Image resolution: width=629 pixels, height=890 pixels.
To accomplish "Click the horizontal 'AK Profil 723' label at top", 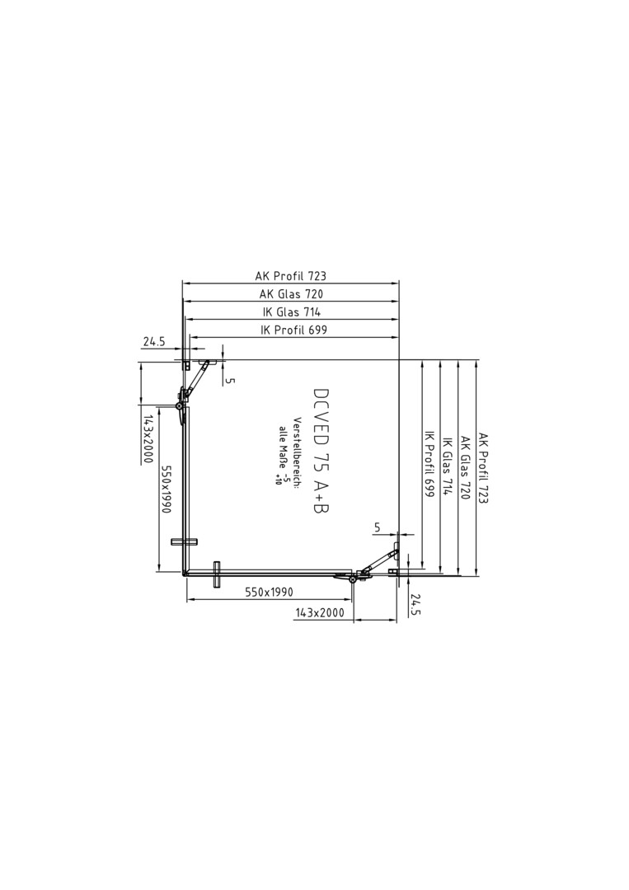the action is [291, 276].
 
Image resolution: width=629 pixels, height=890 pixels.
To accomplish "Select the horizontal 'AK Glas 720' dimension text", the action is [291, 294].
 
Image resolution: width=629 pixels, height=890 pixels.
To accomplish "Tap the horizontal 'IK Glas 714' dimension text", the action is [291, 311].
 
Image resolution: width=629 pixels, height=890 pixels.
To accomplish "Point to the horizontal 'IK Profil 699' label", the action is [293, 329].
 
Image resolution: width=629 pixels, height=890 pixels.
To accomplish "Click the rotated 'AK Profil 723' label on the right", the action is [484, 468].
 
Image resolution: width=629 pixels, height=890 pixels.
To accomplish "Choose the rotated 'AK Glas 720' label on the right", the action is [466, 468].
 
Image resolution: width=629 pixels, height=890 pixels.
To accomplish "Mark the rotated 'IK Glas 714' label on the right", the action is [448, 466].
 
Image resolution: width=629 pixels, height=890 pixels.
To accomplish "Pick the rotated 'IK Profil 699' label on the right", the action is [430, 465].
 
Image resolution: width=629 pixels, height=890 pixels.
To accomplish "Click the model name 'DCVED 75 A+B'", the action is [322, 453].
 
